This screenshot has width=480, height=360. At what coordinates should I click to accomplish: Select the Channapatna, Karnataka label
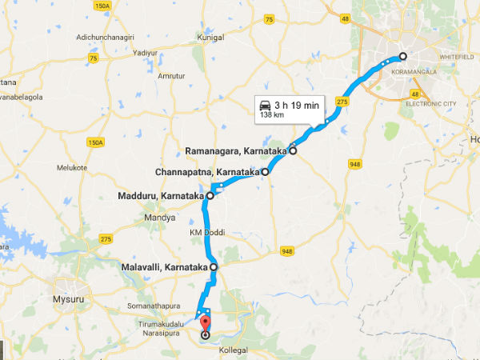pos(206,171)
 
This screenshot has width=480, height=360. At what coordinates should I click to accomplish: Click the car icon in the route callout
pos(264,105)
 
